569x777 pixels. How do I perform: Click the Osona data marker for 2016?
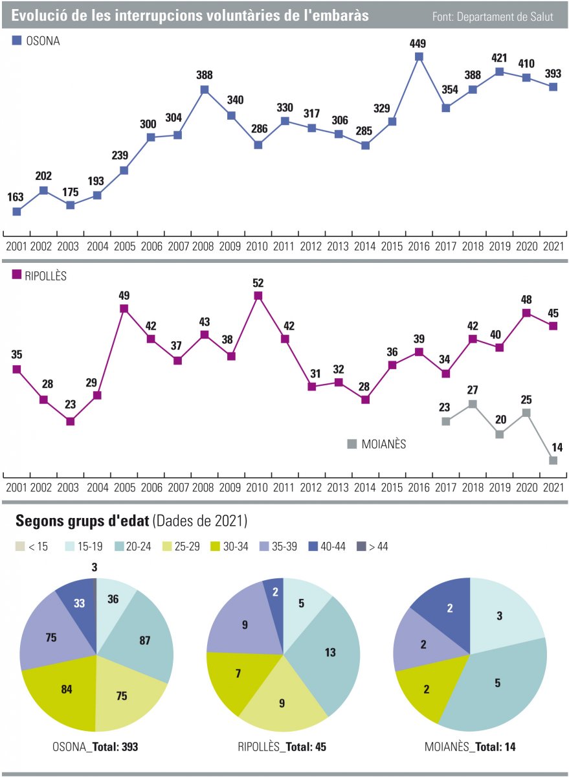pos(419,57)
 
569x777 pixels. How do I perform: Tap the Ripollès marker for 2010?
pos(258,296)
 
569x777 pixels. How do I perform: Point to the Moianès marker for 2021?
pos(553,460)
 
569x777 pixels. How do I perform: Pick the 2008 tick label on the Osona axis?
pos(205,247)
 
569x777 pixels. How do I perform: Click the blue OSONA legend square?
pos(17,41)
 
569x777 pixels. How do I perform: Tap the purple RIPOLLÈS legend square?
pos(17,275)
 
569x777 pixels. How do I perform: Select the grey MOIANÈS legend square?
pos(352,444)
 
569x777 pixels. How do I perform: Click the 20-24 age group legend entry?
pos(133,546)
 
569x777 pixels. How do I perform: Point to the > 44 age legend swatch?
pos(360,546)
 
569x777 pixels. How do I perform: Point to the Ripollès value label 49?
pos(124,296)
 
